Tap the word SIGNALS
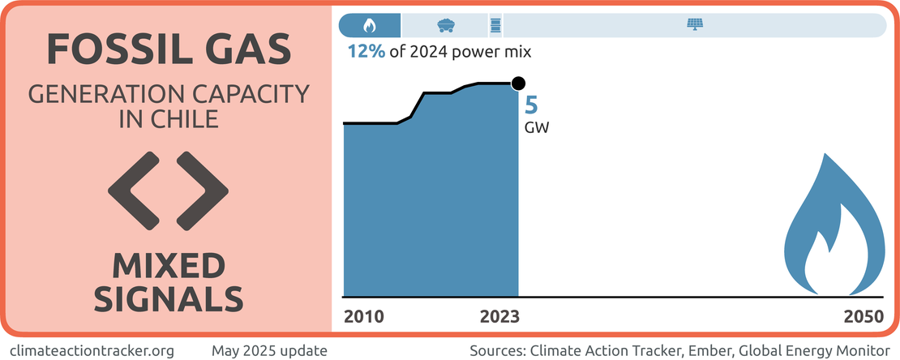coord(169,299)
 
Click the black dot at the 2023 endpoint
coord(519,83)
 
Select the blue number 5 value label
coord(532,105)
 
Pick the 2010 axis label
coord(364,316)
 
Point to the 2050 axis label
coord(863,316)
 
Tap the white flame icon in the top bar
coord(370,24)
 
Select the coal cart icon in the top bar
coord(445,24)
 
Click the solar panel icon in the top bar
coord(696,24)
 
